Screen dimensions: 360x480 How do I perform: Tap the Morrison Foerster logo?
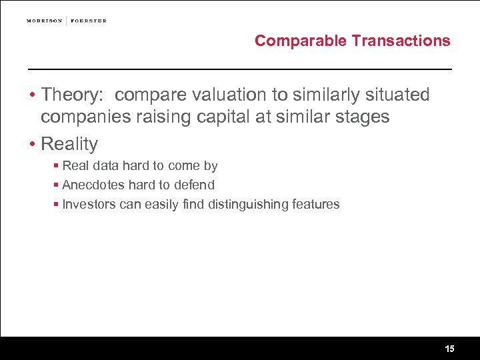click(x=67, y=21)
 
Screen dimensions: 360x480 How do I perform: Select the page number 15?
click(x=449, y=349)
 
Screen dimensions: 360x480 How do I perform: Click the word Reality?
click(x=69, y=143)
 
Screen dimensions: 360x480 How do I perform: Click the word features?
click(x=315, y=204)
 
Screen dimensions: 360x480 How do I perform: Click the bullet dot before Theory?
click(x=31, y=95)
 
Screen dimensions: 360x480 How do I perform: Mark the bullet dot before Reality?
click(x=31, y=144)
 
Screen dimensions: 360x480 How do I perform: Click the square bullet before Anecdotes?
click(x=57, y=185)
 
